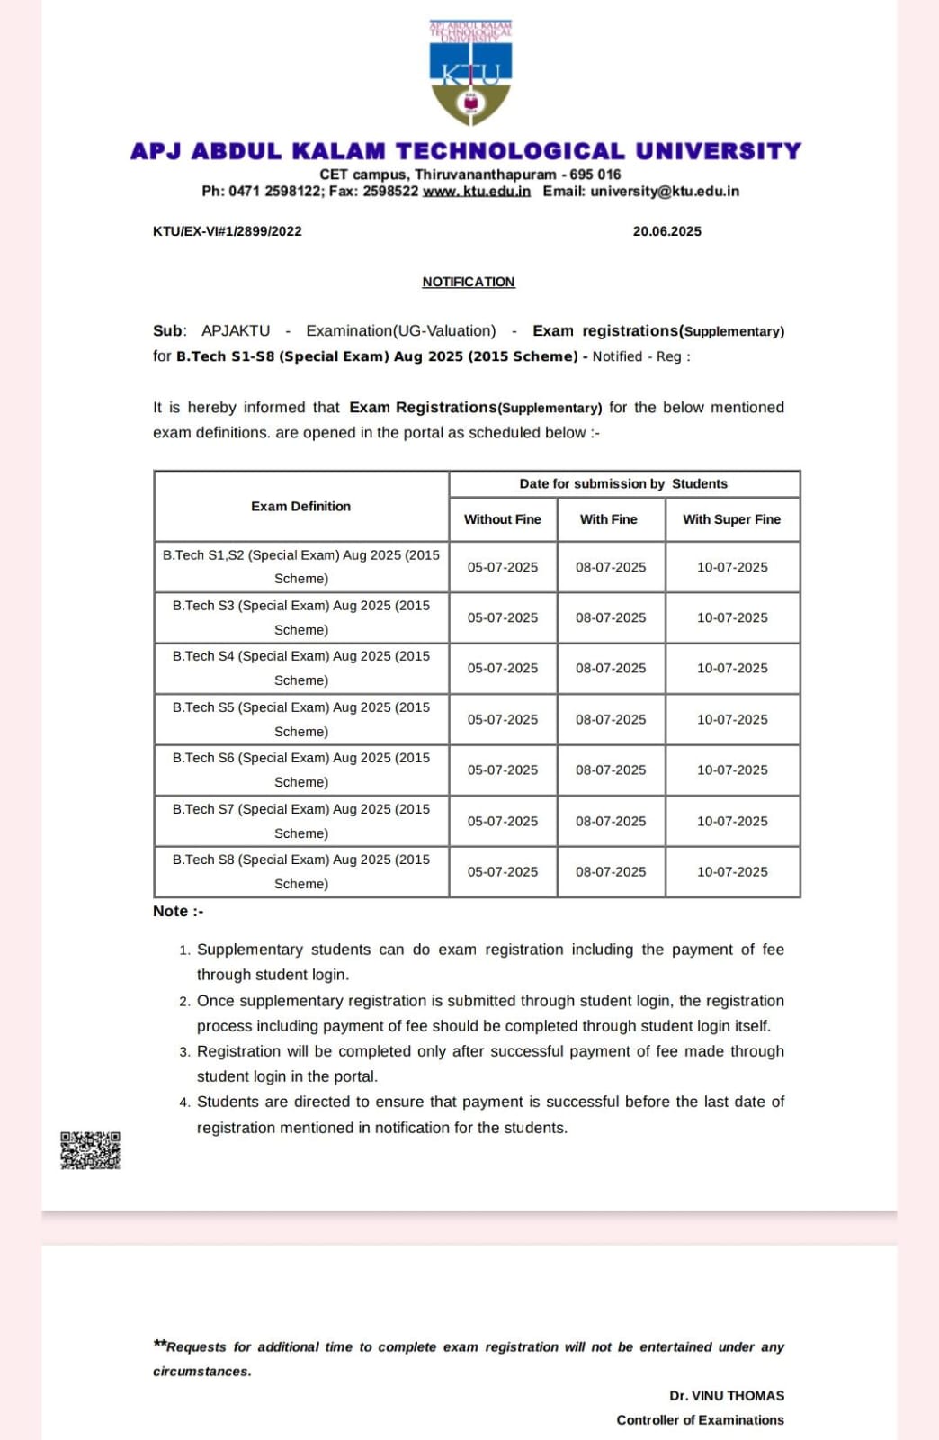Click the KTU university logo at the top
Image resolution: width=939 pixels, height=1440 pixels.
[470, 74]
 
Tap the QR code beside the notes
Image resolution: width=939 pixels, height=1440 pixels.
[90, 1150]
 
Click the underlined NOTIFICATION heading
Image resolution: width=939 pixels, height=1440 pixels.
[469, 282]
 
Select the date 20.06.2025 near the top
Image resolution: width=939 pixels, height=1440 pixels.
[666, 231]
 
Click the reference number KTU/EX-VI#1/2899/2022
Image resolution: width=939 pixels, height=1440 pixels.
[228, 231]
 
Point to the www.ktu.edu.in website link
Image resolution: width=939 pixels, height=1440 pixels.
[477, 192]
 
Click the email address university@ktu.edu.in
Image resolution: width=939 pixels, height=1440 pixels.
[665, 192]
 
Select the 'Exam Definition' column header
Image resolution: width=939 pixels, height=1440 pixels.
[301, 506]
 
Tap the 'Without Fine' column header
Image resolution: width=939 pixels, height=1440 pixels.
[503, 519]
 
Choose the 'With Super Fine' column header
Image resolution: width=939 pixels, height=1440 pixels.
[731, 519]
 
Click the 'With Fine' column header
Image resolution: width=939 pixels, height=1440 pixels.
[609, 519]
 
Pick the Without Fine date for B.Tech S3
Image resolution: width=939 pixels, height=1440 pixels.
[503, 617]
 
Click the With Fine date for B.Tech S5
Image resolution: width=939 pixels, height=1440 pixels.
[611, 719]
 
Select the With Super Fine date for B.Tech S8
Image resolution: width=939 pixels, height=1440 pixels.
[732, 871]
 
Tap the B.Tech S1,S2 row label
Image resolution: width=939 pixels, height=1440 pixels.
[301, 566]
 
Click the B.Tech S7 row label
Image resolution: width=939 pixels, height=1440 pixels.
[301, 821]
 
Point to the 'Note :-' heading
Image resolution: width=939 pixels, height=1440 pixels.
[178, 911]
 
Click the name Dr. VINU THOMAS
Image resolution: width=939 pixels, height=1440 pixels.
[727, 1395]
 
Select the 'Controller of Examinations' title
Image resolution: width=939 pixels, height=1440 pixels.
[700, 1419]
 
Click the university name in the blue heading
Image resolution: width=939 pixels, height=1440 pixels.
[466, 151]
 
